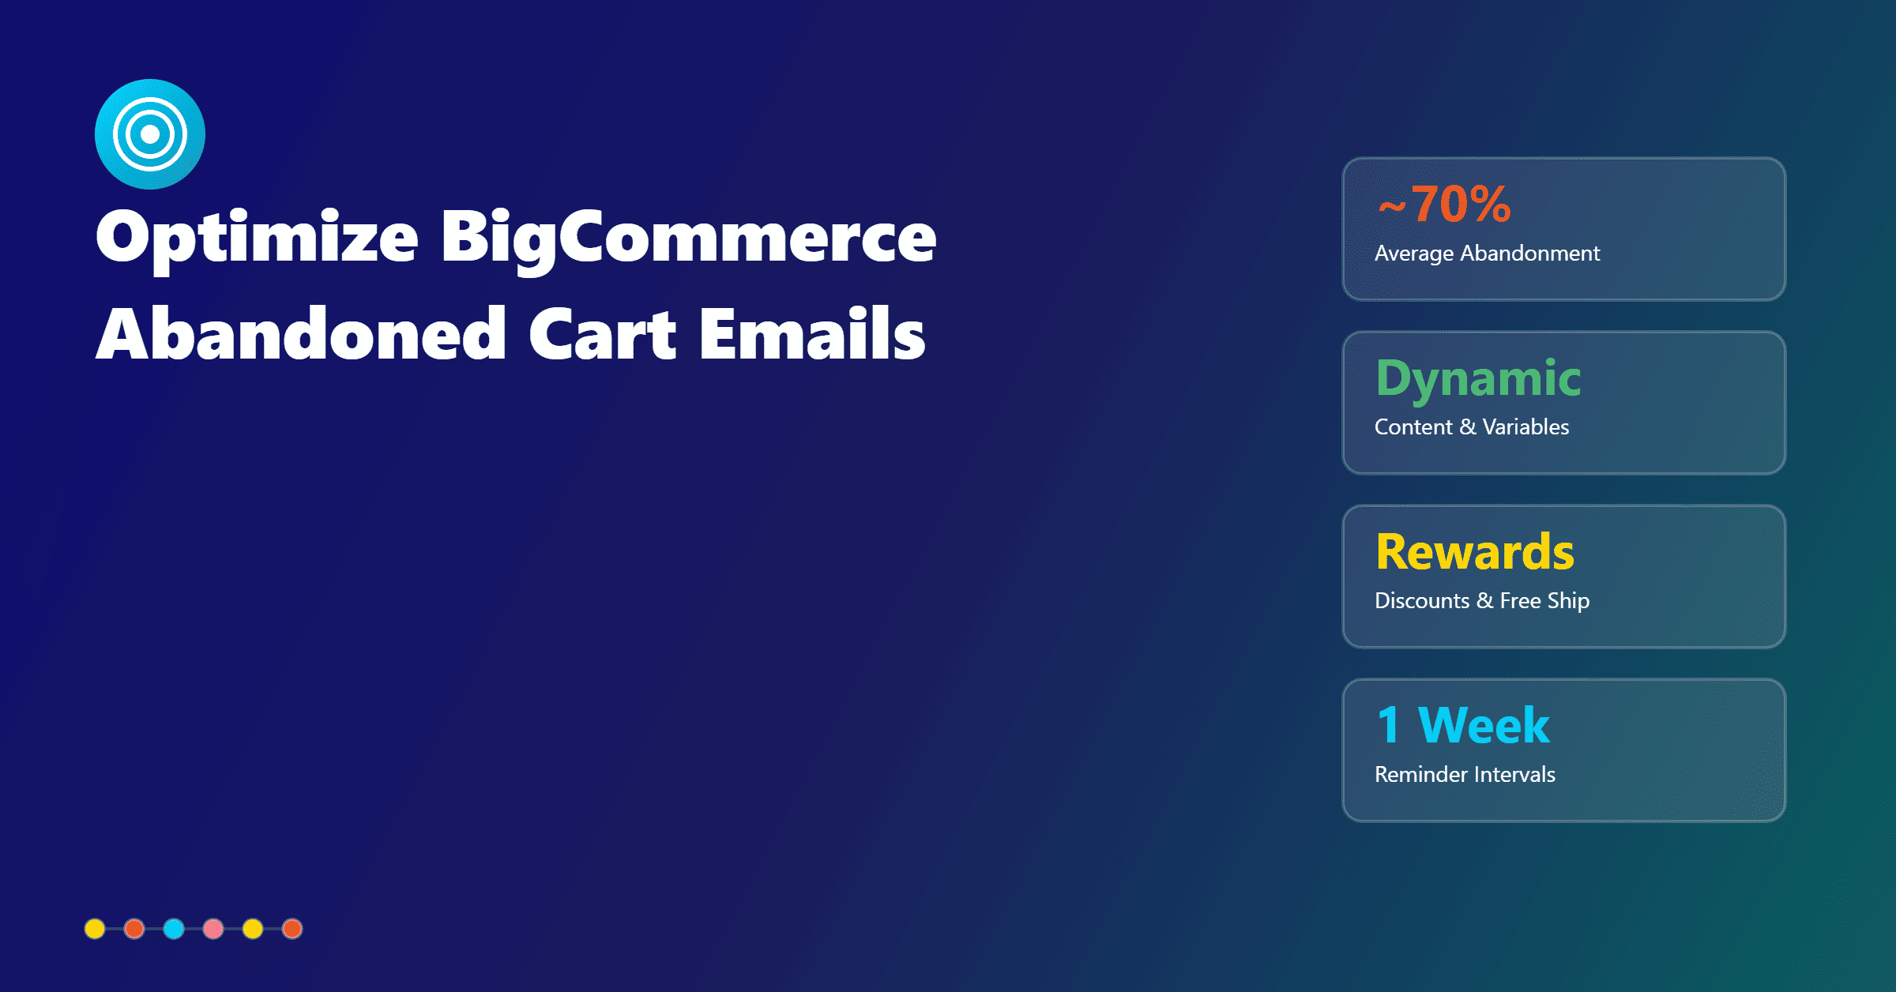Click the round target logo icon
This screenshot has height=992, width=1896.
[150, 134]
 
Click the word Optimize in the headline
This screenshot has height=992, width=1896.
[257, 238]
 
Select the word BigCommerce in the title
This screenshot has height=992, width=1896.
[688, 238]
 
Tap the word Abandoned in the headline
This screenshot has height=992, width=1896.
[301, 335]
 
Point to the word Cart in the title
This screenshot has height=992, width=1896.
[602, 335]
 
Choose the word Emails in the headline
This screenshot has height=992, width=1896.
[812, 335]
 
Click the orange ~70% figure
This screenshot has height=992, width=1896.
[1444, 205]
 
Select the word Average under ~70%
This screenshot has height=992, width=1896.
[1414, 254]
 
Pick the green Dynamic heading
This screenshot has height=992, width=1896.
[1478, 378]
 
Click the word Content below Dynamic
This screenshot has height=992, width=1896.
[1413, 427]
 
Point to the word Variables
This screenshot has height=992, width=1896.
[1525, 427]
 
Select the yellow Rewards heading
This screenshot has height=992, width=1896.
[1475, 552]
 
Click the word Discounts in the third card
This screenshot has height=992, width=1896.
[1422, 601]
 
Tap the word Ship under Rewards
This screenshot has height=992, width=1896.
[1568, 601]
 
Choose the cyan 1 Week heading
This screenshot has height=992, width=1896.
[1463, 726]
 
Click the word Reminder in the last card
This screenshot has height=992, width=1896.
[1420, 775]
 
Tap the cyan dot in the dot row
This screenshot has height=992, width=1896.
[174, 929]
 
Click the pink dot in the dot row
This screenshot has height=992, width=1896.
[213, 929]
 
